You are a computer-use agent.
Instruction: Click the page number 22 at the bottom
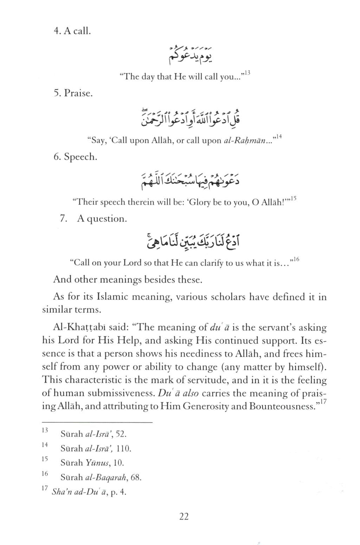[184, 517]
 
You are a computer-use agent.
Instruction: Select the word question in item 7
[107, 219]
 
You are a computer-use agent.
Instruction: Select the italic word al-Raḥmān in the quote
[245, 141]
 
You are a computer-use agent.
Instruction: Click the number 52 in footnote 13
[120, 434]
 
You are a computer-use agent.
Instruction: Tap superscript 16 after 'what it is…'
[296, 259]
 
